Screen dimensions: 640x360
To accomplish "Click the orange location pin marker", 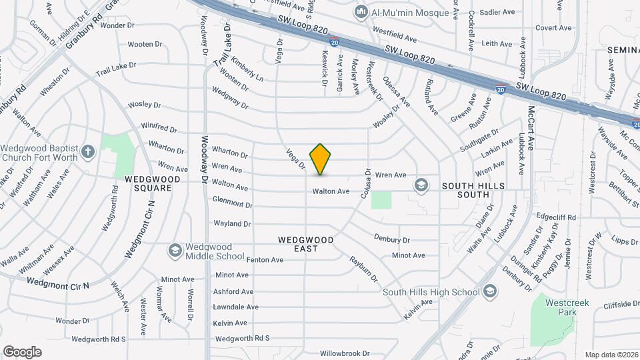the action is [320, 159].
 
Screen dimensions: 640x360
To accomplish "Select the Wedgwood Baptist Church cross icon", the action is [88, 153].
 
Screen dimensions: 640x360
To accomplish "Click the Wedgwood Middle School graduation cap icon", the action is [175, 251].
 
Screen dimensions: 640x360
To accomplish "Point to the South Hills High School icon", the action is [490, 291].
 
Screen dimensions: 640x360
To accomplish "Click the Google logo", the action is [22, 352].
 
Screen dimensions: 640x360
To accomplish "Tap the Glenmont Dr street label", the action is [233, 202].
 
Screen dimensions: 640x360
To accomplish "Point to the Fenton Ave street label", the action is [265, 259].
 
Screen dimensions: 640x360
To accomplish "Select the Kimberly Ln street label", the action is [248, 73].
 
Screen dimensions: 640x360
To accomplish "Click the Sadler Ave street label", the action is [497, 12].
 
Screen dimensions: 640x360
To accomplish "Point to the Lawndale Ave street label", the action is [235, 307].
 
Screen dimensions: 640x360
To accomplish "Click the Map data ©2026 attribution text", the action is [611, 355].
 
